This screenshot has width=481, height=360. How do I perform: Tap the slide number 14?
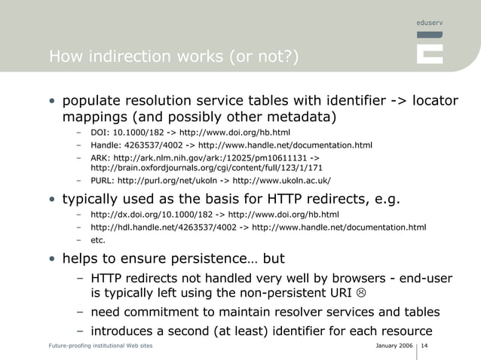point(425,346)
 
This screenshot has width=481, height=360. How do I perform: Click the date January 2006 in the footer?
point(394,346)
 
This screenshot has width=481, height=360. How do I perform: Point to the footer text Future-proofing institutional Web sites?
point(100,346)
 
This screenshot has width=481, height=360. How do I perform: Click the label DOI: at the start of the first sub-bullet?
point(100,133)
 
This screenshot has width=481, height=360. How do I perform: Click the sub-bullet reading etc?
point(98,240)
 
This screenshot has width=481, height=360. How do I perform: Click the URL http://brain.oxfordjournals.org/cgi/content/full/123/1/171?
point(207,168)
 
